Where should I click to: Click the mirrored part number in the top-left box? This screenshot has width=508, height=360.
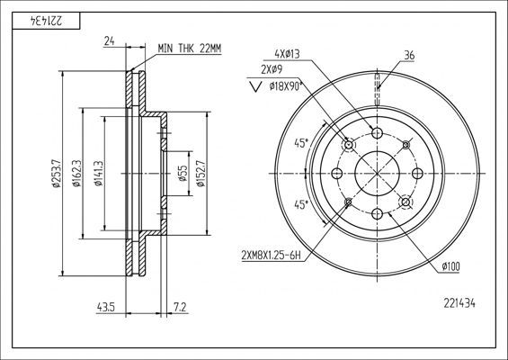[x=47, y=22]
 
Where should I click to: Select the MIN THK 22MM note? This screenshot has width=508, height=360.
[x=190, y=49]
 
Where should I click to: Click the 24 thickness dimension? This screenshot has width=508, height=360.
[x=109, y=41]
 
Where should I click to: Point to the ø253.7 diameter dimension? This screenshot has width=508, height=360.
[x=56, y=174]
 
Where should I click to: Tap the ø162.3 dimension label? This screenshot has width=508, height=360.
[x=76, y=174]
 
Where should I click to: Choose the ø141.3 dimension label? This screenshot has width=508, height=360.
[x=98, y=174]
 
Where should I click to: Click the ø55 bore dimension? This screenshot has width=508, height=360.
[x=183, y=173]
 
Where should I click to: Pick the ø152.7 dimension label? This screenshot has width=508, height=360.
[x=201, y=174]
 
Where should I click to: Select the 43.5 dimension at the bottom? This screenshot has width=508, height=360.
[x=105, y=307]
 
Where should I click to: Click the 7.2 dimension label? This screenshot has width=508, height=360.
[x=180, y=307]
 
